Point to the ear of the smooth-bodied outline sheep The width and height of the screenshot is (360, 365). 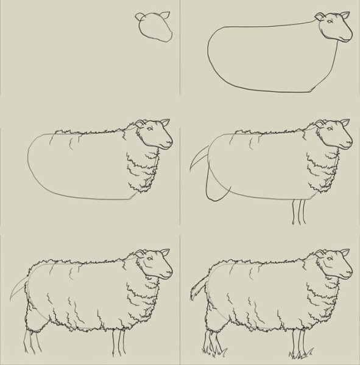pos(322,16)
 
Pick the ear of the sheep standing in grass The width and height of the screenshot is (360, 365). pos(345,252)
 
